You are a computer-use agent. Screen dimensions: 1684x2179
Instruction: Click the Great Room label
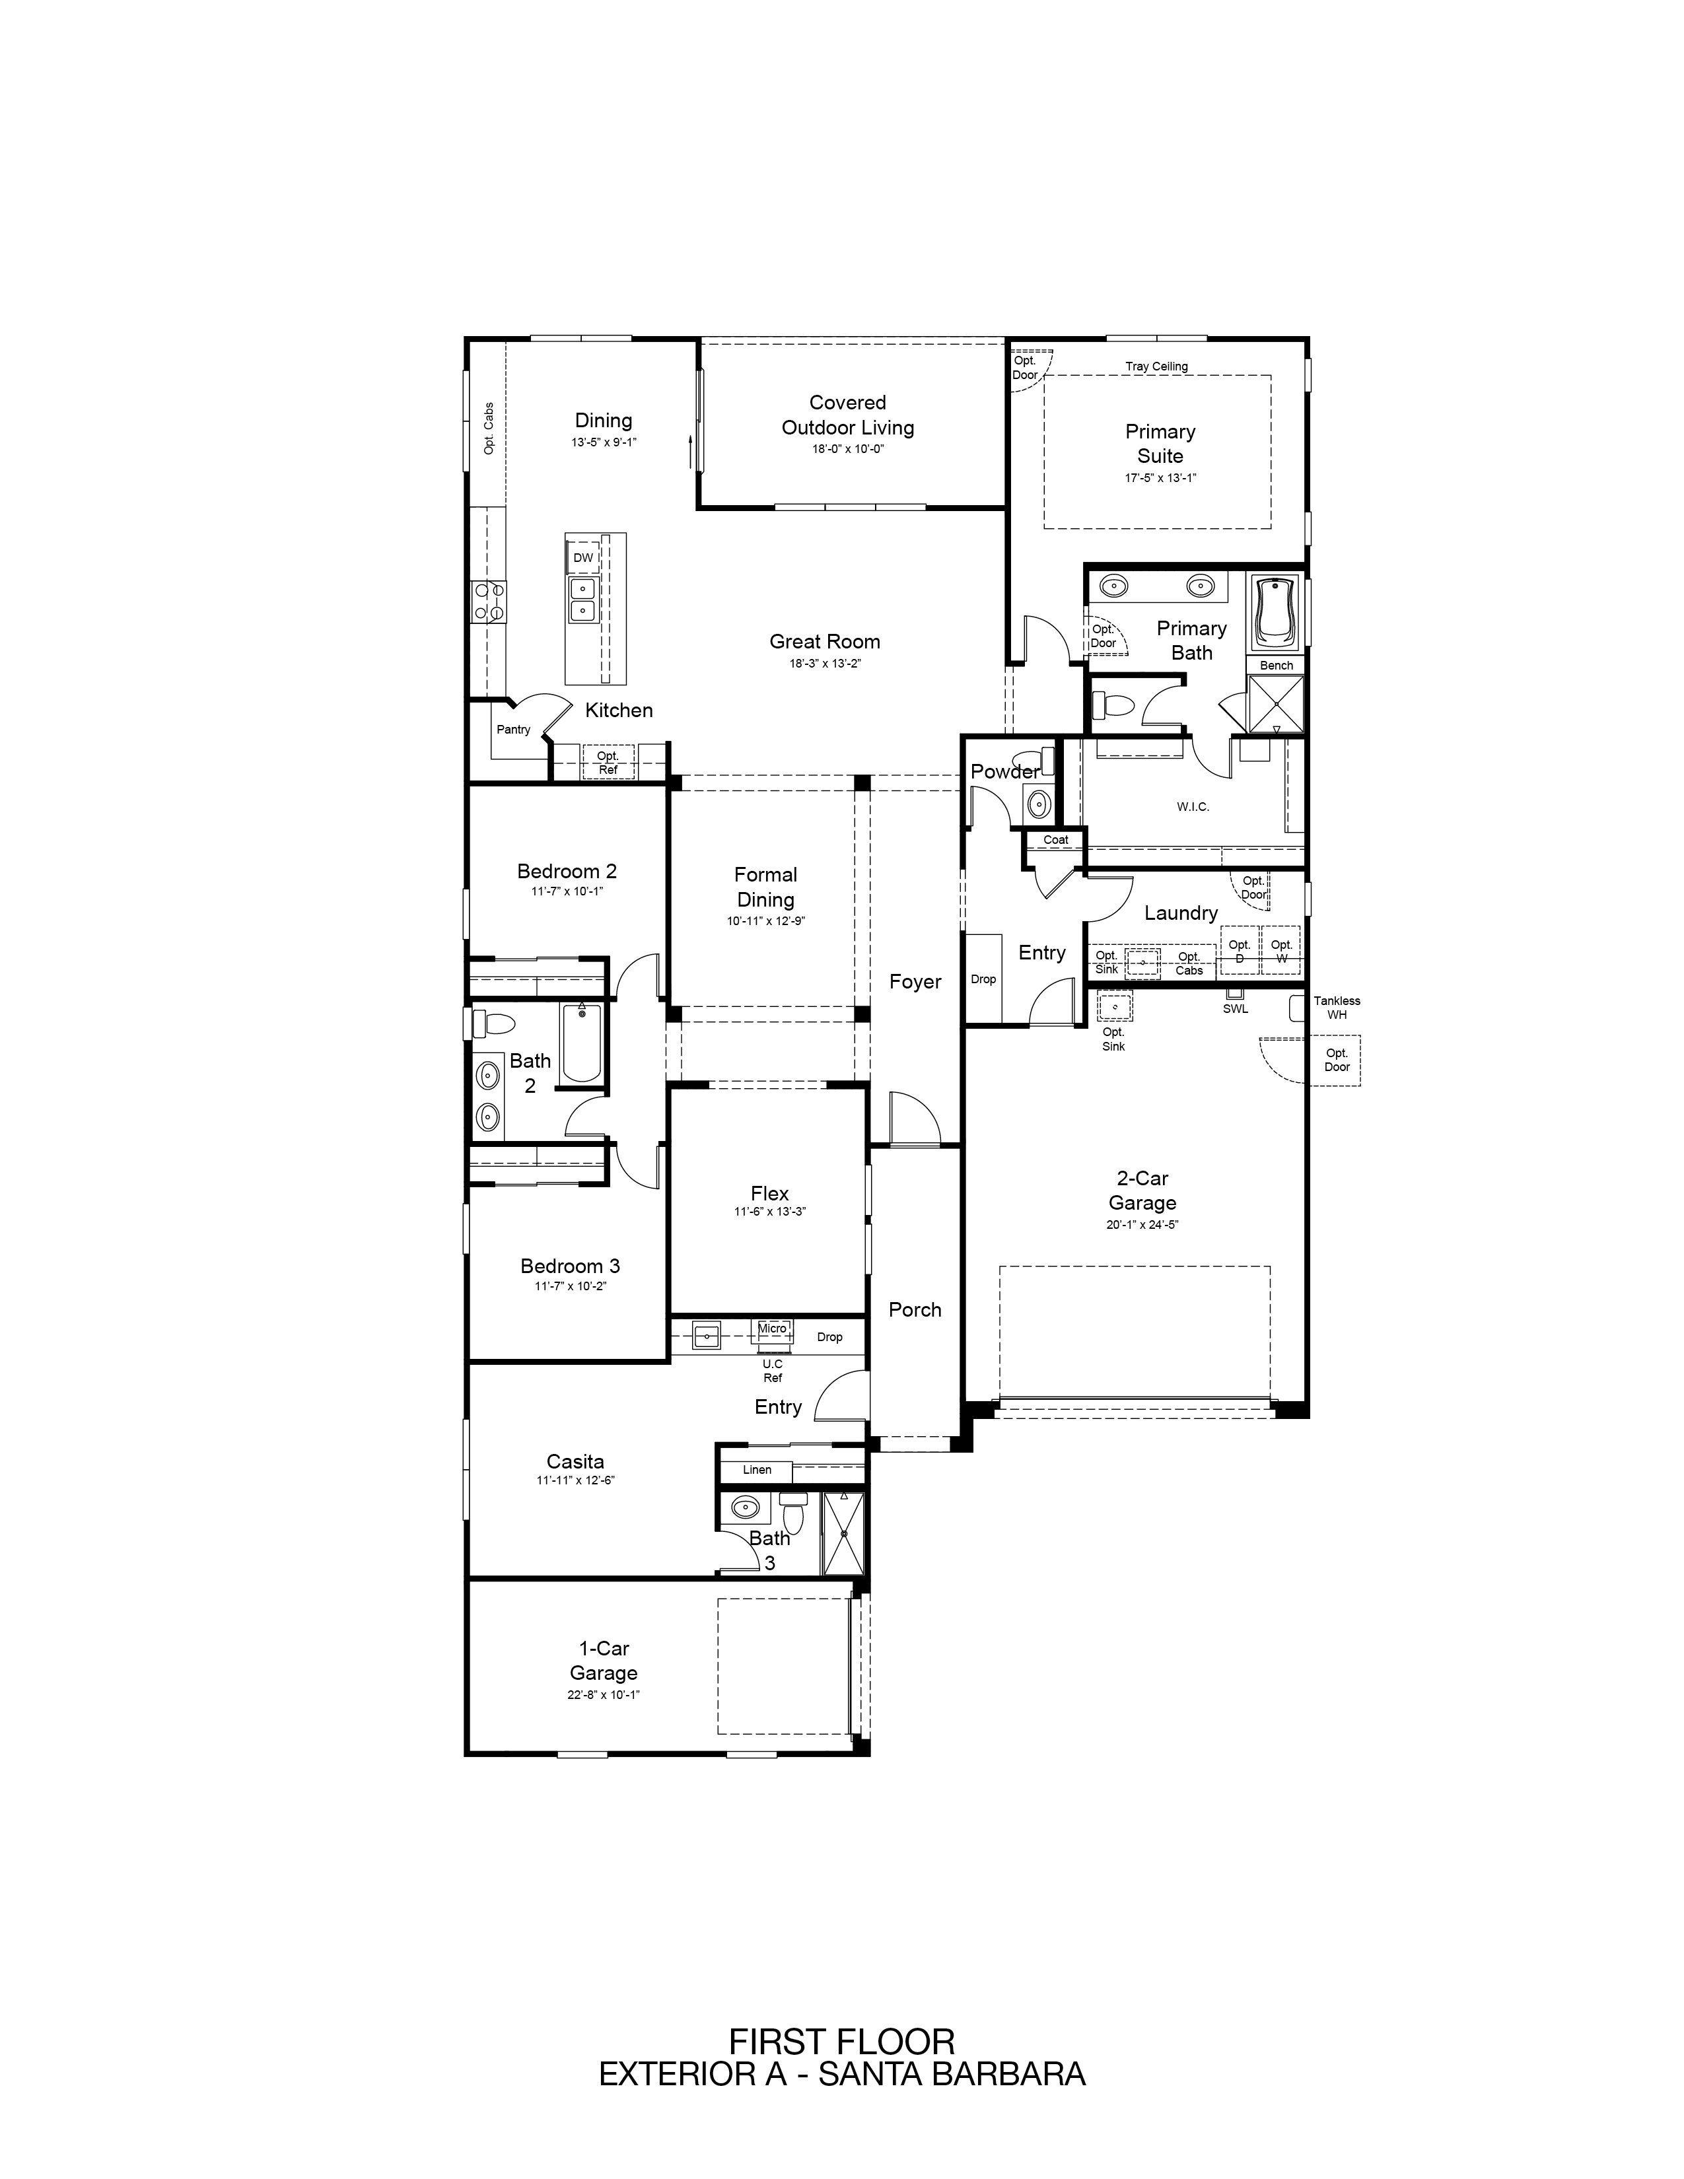click(x=824, y=642)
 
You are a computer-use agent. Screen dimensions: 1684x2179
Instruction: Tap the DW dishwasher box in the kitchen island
click(x=582, y=558)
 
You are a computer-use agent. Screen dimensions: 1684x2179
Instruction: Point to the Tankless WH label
click(x=1337, y=1008)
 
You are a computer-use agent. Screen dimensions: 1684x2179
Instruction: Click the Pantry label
click(x=514, y=730)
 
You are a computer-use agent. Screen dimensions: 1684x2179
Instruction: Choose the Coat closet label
click(x=1055, y=839)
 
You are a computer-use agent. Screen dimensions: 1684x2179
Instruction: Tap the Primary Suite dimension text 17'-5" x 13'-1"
click(x=1160, y=478)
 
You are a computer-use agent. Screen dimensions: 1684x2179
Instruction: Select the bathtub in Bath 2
click(x=582, y=1043)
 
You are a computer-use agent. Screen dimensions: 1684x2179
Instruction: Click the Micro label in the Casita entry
click(x=772, y=1328)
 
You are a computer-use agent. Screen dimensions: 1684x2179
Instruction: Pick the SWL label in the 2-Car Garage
click(x=1235, y=1009)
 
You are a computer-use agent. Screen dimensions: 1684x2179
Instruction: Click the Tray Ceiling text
click(x=1156, y=366)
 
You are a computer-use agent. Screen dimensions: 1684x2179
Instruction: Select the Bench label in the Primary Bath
click(x=1276, y=666)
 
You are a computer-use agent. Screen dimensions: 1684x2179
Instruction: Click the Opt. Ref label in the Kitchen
click(x=608, y=762)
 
